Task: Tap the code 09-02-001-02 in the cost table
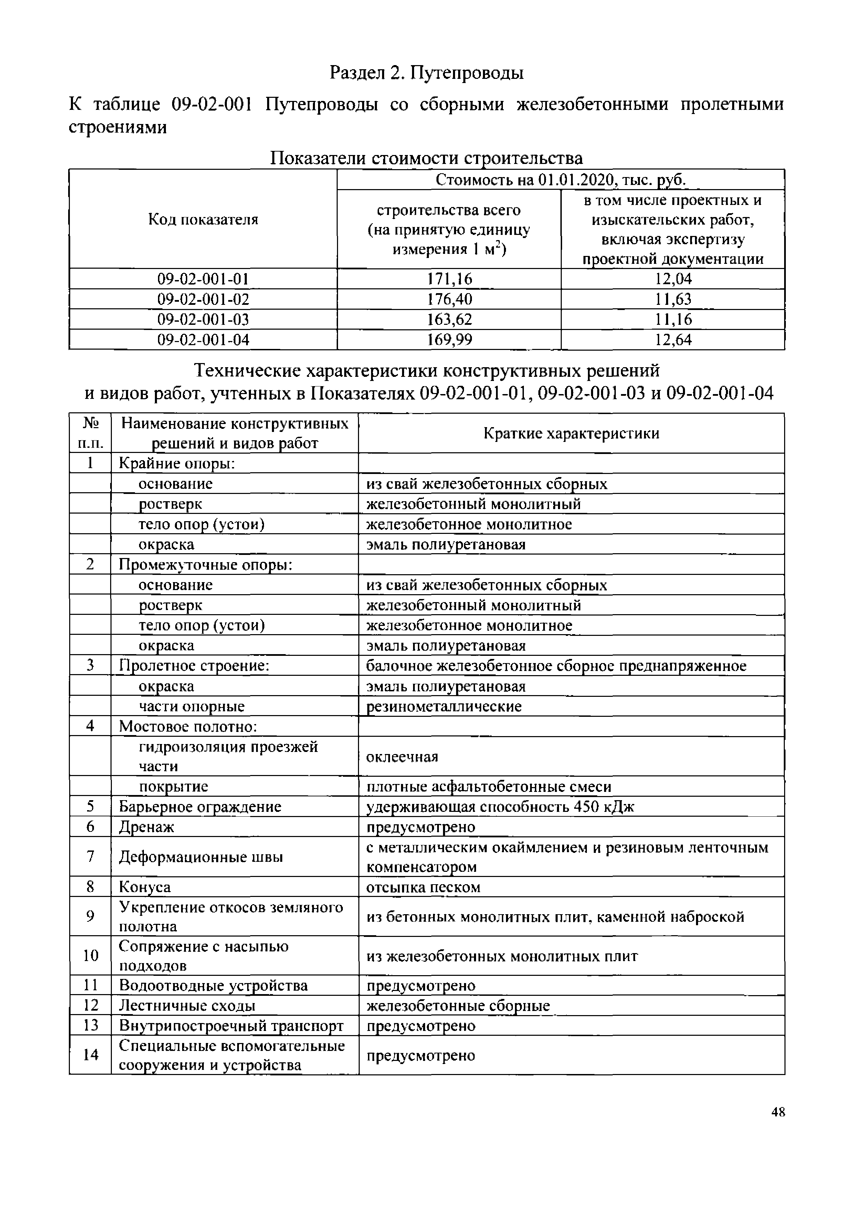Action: pyautogui.click(x=203, y=299)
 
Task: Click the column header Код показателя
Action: pyautogui.click(x=203, y=219)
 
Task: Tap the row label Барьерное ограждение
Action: pyautogui.click(x=200, y=807)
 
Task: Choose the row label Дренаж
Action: pyautogui.click(x=146, y=827)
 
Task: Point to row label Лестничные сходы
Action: pyautogui.click(x=187, y=1005)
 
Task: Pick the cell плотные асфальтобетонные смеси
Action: pyautogui.click(x=488, y=787)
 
